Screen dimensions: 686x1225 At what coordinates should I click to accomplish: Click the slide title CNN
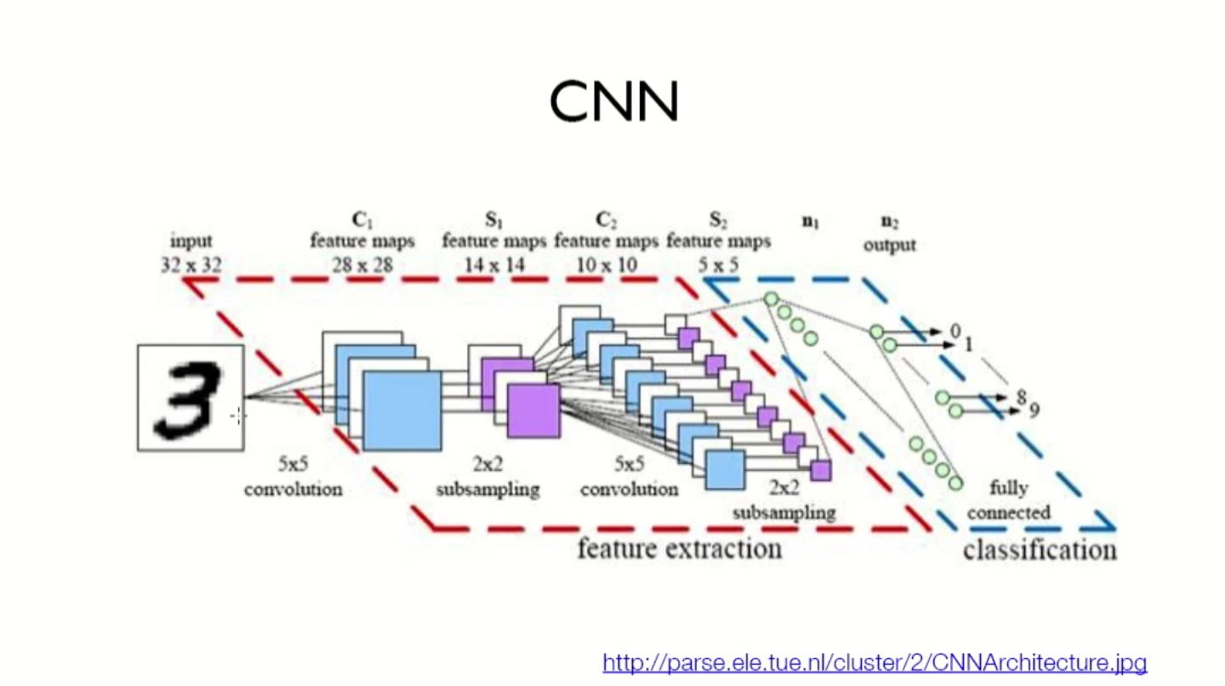pos(613,102)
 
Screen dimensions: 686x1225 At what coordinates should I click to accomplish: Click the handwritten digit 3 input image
pos(191,397)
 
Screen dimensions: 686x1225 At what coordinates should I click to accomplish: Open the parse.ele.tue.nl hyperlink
pos(875,662)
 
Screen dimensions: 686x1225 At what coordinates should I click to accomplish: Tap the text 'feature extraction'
pos(679,548)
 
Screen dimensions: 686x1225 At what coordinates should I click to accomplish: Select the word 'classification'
pos(1040,550)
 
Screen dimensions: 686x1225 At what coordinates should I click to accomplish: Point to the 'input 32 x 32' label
pos(191,253)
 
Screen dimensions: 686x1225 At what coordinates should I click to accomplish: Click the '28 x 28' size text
pos(362,265)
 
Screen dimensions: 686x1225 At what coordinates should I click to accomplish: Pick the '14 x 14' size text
pos(494,265)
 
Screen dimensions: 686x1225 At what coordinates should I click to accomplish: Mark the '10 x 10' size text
pos(606,265)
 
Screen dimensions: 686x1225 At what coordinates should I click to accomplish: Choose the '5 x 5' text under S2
pos(718,265)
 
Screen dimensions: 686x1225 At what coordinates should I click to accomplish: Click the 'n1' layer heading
pos(810,223)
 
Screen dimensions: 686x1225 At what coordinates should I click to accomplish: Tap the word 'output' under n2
pos(890,245)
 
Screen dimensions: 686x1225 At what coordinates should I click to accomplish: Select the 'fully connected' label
pos(1009,501)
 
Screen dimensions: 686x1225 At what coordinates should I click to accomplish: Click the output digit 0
pos(954,330)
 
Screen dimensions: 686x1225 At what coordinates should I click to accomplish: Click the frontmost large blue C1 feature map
pos(402,411)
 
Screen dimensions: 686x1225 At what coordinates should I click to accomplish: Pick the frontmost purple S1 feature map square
pos(533,411)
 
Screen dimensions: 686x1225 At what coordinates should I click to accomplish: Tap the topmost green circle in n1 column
pos(771,299)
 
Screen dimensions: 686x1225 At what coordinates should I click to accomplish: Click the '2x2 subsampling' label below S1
pos(487,477)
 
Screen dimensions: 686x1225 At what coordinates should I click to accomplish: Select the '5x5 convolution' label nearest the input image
pos(293,477)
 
